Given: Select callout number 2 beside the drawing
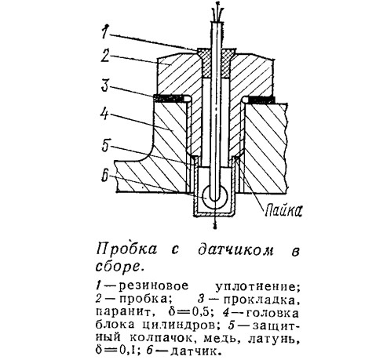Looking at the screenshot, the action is (x=105, y=55).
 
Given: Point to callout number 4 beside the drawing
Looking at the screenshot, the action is (x=105, y=113).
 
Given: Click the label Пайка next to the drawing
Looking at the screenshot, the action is (x=283, y=210).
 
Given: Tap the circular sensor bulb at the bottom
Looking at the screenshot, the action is (x=215, y=197).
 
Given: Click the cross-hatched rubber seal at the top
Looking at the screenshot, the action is (x=217, y=63).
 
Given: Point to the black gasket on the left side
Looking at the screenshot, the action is (x=170, y=98).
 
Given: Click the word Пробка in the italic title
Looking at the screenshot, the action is (x=127, y=248).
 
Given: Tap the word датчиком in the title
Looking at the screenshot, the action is (x=235, y=250).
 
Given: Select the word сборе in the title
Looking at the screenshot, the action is (x=119, y=266).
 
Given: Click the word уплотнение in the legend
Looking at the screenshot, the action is (x=257, y=287).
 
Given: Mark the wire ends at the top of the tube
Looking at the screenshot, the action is (x=217, y=12).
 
